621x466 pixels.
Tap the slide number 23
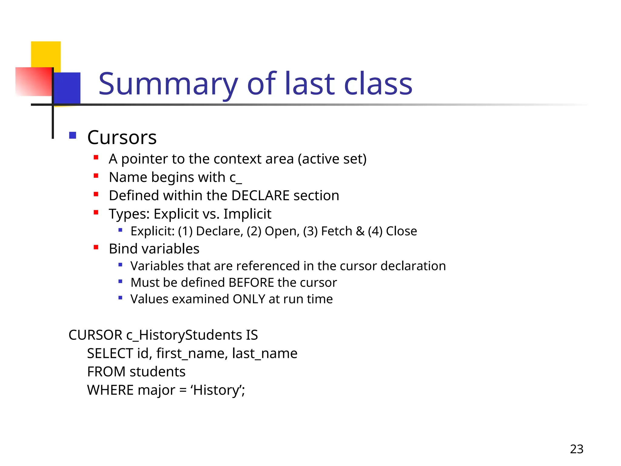click(576, 449)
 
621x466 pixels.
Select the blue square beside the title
click(67, 88)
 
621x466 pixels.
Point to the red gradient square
click(33, 81)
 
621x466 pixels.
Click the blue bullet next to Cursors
click(72, 135)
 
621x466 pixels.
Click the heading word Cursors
click(122, 137)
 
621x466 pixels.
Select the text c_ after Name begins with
click(236, 177)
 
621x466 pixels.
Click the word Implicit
click(247, 214)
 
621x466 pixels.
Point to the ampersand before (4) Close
click(360, 231)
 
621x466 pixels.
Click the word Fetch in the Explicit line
click(336, 231)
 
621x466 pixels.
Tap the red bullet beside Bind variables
click(96, 247)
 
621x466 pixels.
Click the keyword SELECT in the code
click(110, 353)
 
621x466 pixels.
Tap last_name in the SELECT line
click(264, 353)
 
